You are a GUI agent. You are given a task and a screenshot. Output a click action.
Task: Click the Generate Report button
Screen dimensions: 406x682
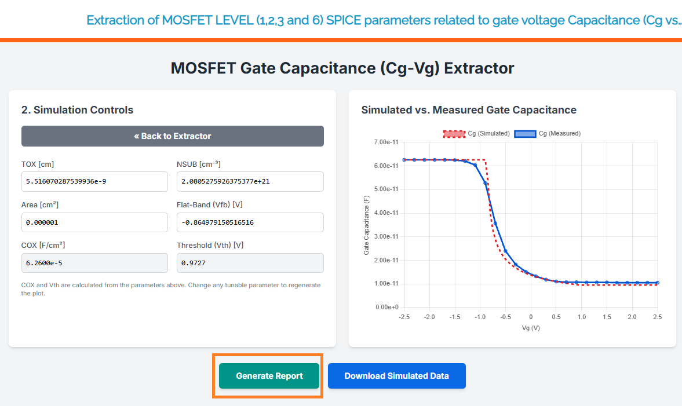(269, 376)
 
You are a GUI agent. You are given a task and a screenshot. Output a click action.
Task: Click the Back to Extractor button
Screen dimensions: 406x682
(173, 136)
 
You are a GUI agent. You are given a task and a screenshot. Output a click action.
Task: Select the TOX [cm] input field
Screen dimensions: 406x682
(94, 181)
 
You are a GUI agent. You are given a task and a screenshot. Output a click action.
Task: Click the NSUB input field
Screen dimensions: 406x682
(250, 181)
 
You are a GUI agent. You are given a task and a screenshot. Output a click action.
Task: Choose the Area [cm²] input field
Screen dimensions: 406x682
(94, 222)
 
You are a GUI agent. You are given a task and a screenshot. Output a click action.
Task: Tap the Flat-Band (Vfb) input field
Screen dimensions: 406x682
(250, 222)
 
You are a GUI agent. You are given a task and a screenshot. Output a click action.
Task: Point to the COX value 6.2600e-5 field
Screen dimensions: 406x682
(94, 263)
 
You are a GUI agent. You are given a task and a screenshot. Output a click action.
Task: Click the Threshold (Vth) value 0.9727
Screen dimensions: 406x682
(250, 263)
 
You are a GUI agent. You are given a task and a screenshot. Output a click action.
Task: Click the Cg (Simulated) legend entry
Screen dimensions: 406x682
(476, 133)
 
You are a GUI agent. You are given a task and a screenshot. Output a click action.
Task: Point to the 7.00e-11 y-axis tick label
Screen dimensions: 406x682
(386, 142)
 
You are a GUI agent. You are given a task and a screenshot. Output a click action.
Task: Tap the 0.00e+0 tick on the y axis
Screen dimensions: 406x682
(387, 307)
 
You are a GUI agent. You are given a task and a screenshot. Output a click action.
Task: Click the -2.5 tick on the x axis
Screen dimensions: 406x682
(404, 317)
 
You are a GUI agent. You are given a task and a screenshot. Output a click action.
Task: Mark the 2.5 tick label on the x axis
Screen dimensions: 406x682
(657, 317)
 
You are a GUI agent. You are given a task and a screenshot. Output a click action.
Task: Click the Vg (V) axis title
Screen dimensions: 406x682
(530, 328)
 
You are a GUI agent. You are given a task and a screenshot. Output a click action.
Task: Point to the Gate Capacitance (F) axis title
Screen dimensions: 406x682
(366, 225)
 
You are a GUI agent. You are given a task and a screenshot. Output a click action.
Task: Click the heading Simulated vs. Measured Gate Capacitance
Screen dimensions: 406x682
(468, 110)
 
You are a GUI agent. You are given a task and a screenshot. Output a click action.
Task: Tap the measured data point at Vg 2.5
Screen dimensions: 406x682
(657, 283)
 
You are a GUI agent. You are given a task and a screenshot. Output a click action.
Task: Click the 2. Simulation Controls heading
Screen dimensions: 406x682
(77, 110)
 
